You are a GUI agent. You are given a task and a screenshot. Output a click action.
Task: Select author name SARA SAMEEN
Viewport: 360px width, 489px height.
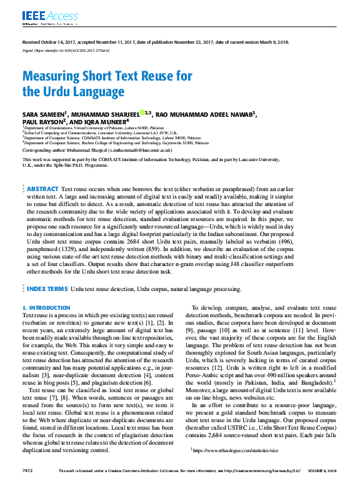[x=44, y=114]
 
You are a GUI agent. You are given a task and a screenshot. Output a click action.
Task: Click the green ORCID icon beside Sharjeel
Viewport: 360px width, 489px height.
[x=142, y=112]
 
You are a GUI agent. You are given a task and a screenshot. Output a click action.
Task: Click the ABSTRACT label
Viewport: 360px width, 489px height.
[x=42, y=189]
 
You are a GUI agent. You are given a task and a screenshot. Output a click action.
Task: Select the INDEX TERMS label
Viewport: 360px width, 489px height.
[x=47, y=289]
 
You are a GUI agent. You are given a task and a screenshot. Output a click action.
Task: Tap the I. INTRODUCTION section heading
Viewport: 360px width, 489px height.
[x=46, y=308]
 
